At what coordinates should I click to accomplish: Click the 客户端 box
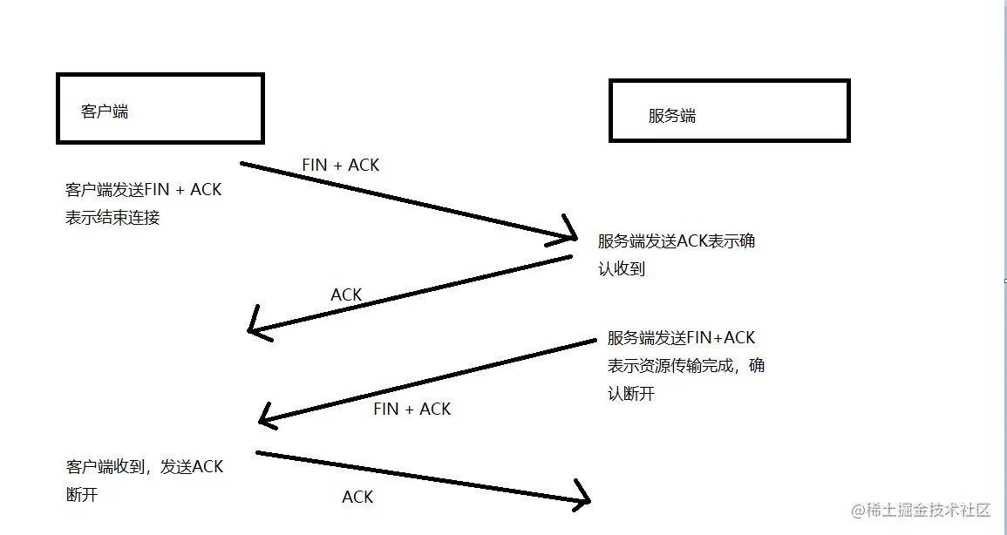pos(160,108)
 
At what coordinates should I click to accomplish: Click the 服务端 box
pos(729,111)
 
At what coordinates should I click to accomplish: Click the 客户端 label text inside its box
pos(105,112)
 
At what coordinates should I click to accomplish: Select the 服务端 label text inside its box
pos(672,116)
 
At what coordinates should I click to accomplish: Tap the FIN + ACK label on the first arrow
pos(340,165)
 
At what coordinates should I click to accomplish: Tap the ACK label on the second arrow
pos(346,295)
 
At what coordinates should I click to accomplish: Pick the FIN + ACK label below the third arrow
pos(412,409)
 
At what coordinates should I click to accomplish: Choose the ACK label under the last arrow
pos(357,497)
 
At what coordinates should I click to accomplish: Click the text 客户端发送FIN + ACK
pos(143,189)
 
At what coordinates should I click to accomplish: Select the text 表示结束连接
pos(112,218)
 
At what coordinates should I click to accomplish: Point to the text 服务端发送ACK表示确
pos(677,241)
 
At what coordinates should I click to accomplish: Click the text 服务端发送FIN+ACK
pos(681,338)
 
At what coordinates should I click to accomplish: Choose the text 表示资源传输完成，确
pos(686,366)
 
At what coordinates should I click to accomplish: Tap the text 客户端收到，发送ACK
pos(145,467)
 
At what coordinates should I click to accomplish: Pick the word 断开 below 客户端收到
pos(82,495)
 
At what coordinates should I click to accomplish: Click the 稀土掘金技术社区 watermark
pos(922,510)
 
